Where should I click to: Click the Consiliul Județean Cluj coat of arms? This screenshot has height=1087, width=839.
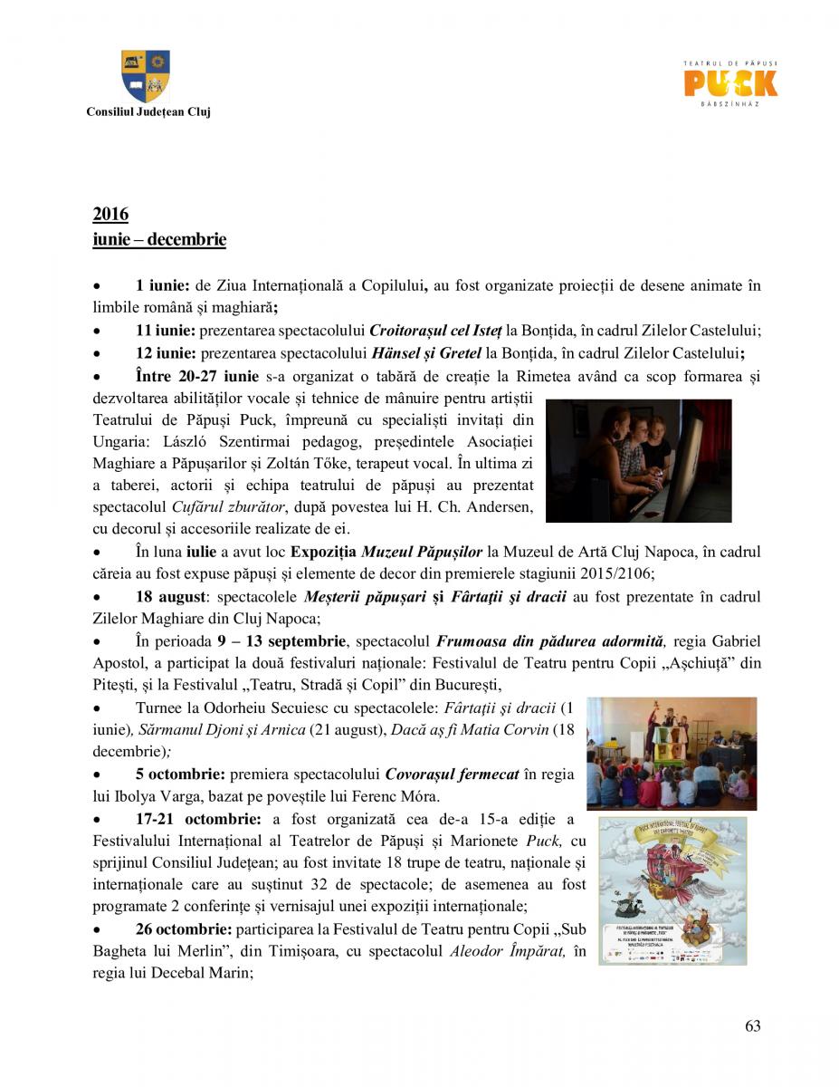click(x=146, y=76)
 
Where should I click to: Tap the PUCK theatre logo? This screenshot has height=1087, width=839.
click(x=730, y=84)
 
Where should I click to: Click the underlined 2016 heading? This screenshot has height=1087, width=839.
click(x=110, y=215)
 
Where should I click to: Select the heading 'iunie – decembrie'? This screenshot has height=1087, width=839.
click(x=159, y=240)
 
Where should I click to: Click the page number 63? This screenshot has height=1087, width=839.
click(x=752, y=1026)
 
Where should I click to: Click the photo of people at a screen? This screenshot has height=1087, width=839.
click(x=638, y=460)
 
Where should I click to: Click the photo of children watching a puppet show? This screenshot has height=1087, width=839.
click(x=671, y=753)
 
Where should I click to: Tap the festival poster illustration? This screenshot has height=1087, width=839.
click(x=672, y=890)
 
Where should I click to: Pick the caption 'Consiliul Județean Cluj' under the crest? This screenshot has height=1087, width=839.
click(x=148, y=111)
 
